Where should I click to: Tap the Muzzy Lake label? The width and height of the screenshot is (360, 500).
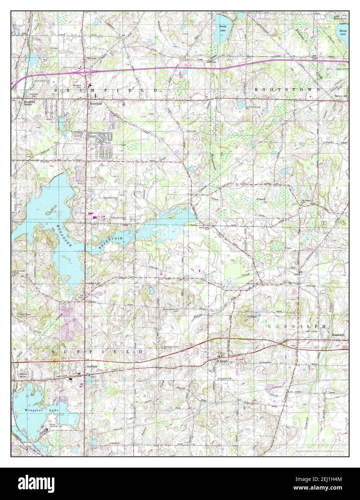[x=343, y=32]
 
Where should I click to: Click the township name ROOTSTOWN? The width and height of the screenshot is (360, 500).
[x=287, y=89]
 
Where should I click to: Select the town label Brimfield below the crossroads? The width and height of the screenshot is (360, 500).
[x=96, y=104]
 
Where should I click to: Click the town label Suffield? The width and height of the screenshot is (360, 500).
[x=92, y=366]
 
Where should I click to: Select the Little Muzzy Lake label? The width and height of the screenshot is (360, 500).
[x=341, y=17]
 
